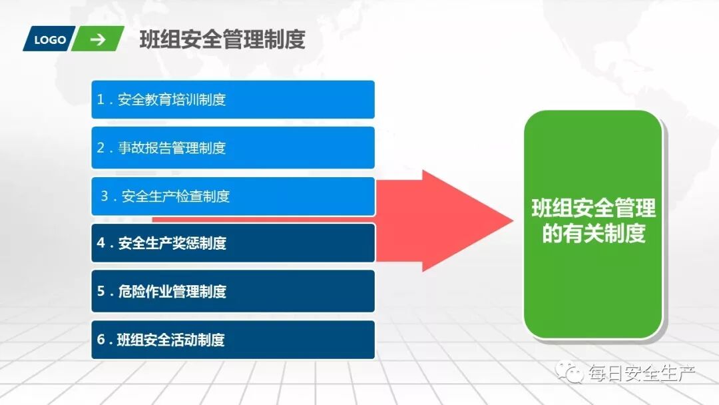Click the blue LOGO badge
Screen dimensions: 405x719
tap(49, 39)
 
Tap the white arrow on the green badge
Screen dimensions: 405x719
tap(98, 39)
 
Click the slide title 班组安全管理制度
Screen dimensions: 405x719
tap(222, 40)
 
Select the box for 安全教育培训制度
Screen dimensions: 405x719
tap(232, 100)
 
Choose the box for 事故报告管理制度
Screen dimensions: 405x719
tap(232, 148)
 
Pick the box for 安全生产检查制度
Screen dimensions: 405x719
tap(232, 197)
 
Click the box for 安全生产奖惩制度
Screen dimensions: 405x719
tap(232, 243)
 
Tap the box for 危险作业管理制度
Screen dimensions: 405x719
tap(232, 291)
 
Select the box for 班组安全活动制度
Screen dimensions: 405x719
tap(232, 340)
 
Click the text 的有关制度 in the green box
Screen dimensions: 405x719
tap(593, 234)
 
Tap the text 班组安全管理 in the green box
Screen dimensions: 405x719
tap(593, 208)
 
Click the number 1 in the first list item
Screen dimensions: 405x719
tap(101, 100)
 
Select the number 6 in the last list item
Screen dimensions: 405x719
tap(101, 340)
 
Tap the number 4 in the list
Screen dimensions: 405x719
tap(101, 243)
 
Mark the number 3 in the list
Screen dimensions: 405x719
tap(105, 197)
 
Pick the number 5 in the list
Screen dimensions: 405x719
tap(101, 291)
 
